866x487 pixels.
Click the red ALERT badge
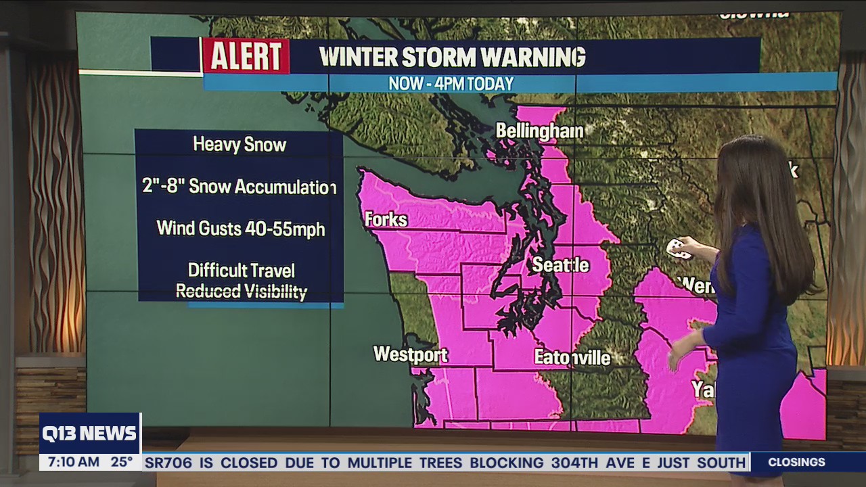246,56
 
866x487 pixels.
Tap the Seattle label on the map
560,265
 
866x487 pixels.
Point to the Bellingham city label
539,131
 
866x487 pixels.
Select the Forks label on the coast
386,220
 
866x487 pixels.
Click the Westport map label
410,354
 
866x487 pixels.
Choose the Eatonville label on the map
572,357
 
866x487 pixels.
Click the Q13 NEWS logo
89,434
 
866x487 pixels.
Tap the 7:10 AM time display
70,463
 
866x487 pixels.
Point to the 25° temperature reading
122,463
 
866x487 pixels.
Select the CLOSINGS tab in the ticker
796,463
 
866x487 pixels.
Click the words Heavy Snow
240,145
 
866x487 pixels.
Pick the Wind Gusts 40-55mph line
241,229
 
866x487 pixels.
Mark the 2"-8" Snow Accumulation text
240,187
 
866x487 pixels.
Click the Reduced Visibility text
242,292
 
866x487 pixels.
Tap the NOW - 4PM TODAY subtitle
451,84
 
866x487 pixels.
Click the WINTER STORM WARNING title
452,57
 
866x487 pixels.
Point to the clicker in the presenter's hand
678,249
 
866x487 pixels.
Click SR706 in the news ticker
168,463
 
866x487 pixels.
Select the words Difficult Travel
242,271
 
